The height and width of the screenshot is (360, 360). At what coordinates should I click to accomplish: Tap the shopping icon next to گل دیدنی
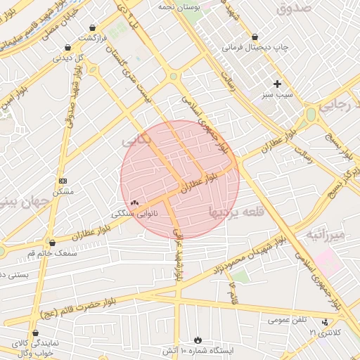[x=68, y=49]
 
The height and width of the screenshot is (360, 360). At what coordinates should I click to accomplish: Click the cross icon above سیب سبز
[x=277, y=84]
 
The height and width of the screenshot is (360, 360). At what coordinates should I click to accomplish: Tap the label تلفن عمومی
[x=288, y=320]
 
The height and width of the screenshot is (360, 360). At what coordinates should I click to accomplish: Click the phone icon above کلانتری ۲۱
[x=325, y=322]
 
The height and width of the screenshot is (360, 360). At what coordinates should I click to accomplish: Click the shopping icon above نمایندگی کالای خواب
[x=36, y=333]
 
